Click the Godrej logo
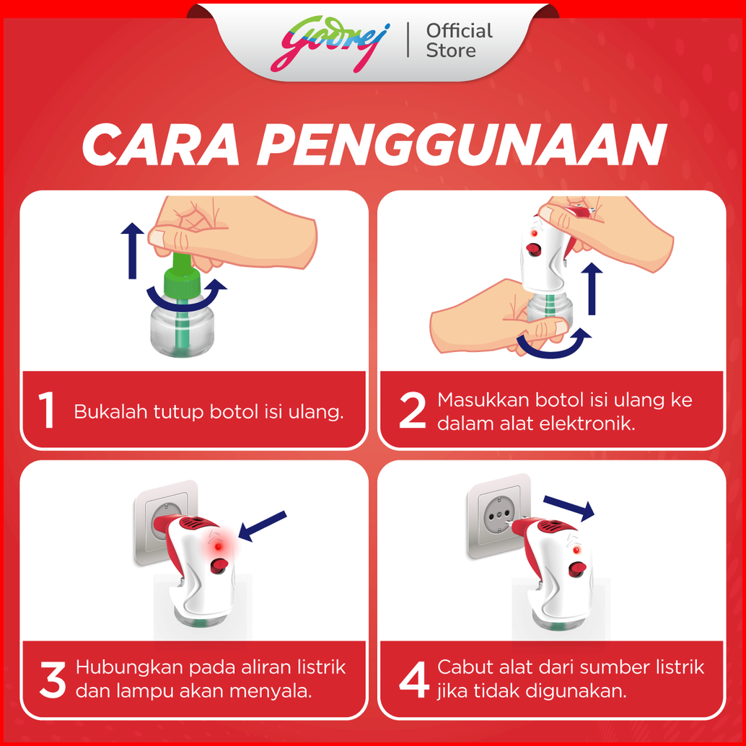330,44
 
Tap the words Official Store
459,40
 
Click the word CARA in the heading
161,144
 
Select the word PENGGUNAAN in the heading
462,144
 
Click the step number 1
47,410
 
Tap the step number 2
412,410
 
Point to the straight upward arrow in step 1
132,250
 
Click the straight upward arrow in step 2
592,289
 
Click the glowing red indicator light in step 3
218,547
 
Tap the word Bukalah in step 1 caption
110,411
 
